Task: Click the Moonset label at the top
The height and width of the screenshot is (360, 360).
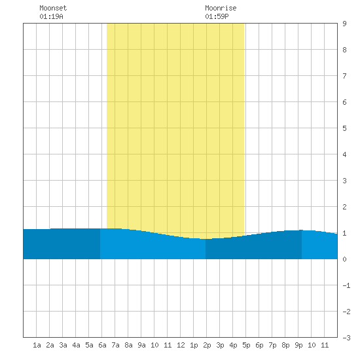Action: (53, 8)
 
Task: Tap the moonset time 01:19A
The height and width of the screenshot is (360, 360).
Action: (51, 16)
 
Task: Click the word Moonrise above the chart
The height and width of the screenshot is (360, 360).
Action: (221, 8)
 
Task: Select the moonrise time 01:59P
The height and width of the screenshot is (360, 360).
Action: (217, 16)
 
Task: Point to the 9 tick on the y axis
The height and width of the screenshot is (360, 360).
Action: (344, 24)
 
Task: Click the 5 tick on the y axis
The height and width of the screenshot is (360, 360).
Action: (344, 128)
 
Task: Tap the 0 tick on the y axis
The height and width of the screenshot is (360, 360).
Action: (344, 259)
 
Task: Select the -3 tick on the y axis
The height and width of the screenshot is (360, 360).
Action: (346, 338)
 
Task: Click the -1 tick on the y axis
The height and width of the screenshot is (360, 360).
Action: (346, 285)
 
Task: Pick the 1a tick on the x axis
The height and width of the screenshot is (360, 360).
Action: (37, 345)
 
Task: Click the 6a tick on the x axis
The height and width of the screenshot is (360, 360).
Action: (102, 345)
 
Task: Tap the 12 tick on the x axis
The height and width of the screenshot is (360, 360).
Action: (181, 345)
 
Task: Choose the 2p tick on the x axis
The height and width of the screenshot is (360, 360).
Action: (207, 345)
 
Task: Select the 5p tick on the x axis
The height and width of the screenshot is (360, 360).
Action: (246, 345)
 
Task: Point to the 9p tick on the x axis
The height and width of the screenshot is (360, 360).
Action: (298, 345)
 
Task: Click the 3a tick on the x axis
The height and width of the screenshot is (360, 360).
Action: (63, 345)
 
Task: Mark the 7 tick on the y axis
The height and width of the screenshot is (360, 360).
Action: (344, 76)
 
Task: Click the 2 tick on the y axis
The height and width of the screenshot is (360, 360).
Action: (344, 207)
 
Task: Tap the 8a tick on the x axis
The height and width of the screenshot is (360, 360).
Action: (128, 345)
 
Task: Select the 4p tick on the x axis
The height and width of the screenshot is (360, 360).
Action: (233, 345)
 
